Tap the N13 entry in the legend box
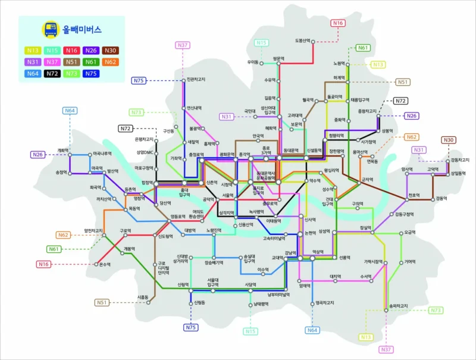(x=33, y=51)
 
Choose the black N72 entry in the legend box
(x=52, y=74)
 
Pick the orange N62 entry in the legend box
(x=109, y=62)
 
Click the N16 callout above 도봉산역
(x=337, y=23)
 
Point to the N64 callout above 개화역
(x=70, y=111)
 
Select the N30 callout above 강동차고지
(x=448, y=140)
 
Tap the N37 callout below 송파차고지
(x=386, y=349)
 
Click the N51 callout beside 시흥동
(x=103, y=302)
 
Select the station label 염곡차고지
(x=324, y=303)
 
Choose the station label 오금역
(x=409, y=233)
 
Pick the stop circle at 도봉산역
(x=313, y=41)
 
